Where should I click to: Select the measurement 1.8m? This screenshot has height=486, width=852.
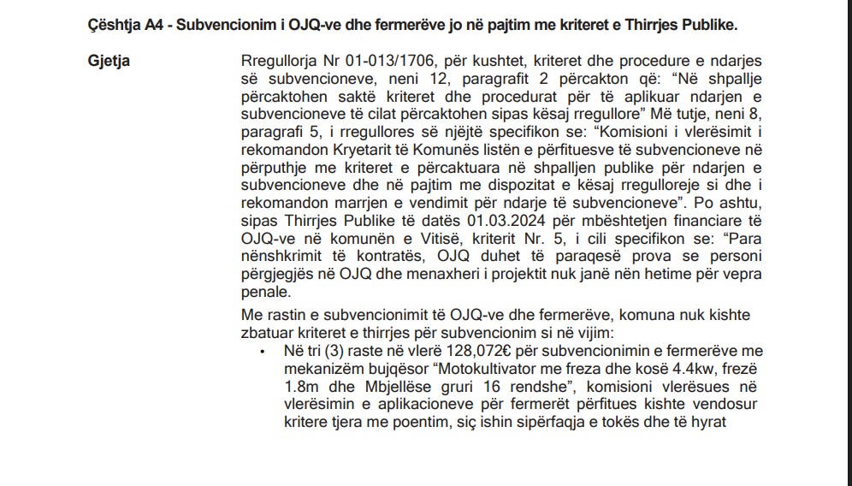pos(301,387)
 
